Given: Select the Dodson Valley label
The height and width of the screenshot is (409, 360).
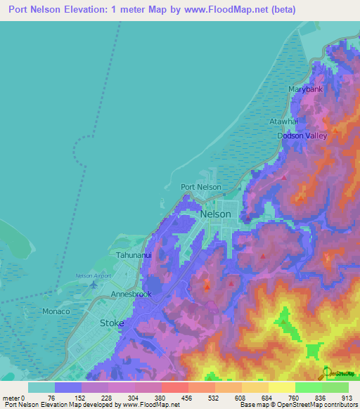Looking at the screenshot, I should coord(302,136).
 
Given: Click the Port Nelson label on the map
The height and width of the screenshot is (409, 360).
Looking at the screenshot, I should coord(201,187).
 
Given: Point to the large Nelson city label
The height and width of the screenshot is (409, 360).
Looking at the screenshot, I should coord(215,214).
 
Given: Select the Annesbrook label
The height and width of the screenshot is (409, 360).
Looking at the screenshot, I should coord(131,294).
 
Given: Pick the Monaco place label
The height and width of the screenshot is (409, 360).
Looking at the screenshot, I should coord(56,311).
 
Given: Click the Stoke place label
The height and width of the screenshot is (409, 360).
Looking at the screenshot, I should coord(112,323).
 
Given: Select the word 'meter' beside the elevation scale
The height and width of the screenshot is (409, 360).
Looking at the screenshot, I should coord(12,397).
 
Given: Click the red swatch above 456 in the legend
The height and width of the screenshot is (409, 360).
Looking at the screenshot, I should coord(174,387).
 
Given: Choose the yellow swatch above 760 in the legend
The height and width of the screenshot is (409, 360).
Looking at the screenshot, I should coord(281,387).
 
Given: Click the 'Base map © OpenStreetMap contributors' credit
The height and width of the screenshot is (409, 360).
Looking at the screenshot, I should coord(297,405).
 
